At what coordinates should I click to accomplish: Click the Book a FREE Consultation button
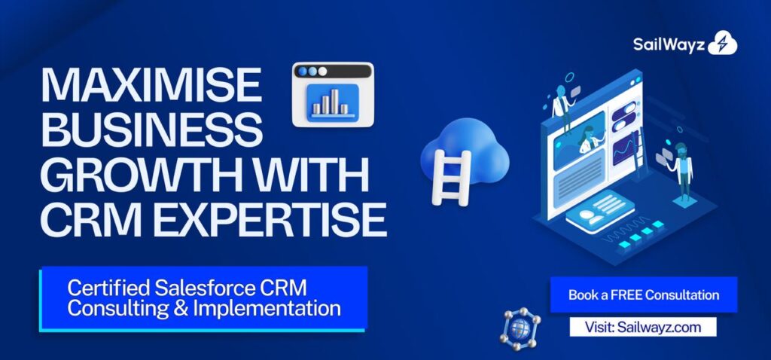pos(643,294)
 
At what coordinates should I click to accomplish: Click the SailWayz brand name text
pos(668,44)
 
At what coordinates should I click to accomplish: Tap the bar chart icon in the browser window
pos(331,102)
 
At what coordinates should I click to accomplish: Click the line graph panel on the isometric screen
pos(624,147)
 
